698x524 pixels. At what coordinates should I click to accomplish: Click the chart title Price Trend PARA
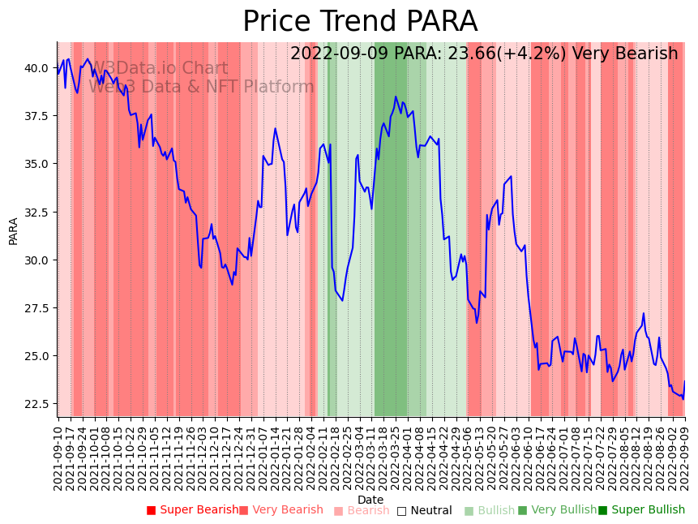point(360,22)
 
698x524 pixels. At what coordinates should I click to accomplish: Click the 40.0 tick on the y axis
point(36,67)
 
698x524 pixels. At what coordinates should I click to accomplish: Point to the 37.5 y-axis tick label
point(36,116)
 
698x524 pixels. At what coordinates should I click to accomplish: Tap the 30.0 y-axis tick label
point(36,260)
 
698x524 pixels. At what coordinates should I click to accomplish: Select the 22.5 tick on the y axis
point(36,404)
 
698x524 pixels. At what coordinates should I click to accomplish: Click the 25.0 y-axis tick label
point(36,356)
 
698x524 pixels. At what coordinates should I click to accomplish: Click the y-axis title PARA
point(14,230)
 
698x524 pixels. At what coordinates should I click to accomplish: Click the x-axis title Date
point(370,500)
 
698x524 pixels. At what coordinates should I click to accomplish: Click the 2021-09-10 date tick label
point(58,458)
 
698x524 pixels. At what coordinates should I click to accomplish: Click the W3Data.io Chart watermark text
point(160,69)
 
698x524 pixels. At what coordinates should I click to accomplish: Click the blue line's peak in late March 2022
point(396,97)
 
